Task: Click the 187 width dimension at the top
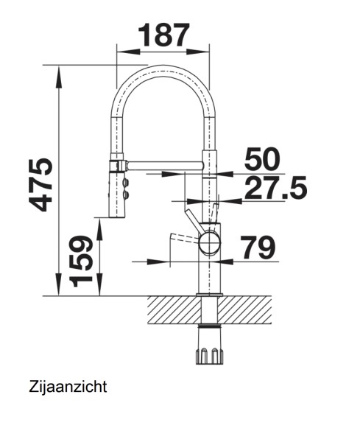tap(163, 35)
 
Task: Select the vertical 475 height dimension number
tap(35, 184)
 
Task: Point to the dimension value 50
tap(264, 160)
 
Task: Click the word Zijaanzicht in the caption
tap(69, 386)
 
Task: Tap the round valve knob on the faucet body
tap(209, 240)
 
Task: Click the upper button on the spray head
tap(124, 180)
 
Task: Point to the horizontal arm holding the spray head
tap(162, 161)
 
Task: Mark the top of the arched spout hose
tap(163, 71)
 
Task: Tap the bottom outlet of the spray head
tap(116, 215)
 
